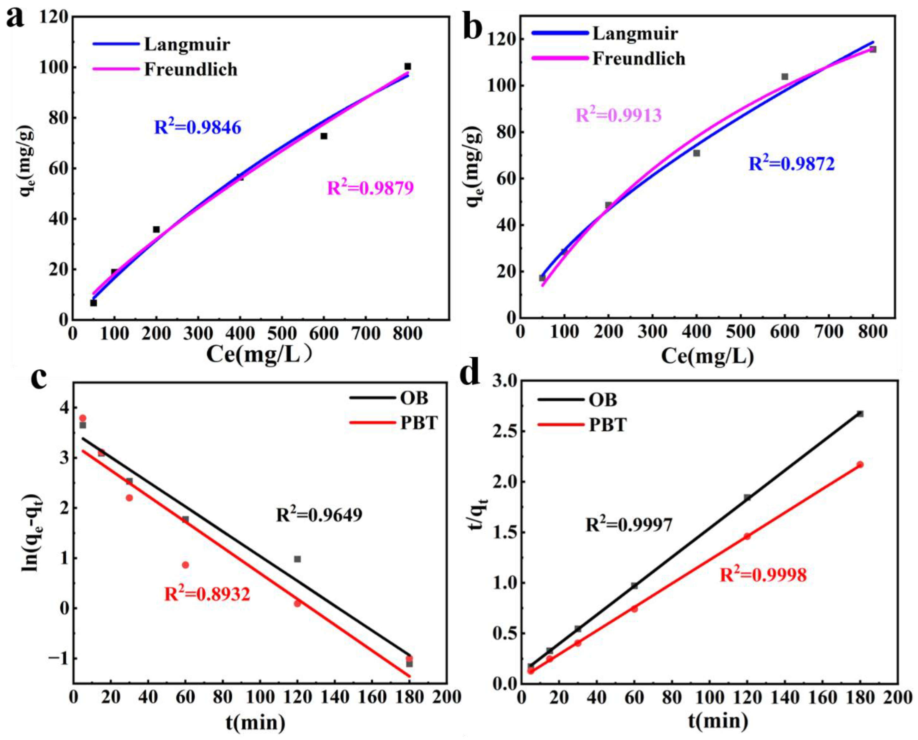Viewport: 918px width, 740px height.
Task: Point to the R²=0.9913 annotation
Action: (x=618, y=115)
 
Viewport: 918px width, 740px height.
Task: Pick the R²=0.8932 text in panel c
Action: (x=207, y=594)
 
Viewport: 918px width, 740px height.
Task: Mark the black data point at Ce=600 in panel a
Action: (x=324, y=136)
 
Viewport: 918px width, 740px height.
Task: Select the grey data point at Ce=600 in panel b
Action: (x=785, y=77)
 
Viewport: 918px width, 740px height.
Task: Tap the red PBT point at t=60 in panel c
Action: (x=185, y=565)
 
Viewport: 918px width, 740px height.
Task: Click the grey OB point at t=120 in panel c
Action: (x=297, y=559)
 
